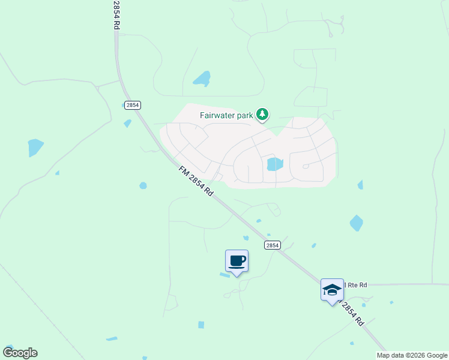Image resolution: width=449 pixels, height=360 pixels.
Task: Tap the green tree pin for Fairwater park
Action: click(262, 113)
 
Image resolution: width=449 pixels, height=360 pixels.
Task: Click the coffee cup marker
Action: click(237, 262)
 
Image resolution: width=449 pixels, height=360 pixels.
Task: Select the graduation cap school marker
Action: click(332, 290)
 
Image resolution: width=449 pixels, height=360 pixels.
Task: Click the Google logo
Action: click(20, 353)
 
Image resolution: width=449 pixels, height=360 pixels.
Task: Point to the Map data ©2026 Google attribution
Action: click(412, 355)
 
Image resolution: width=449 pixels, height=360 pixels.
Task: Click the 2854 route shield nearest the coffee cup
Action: click(273, 245)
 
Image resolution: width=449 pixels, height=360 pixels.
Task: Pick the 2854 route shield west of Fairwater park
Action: click(133, 104)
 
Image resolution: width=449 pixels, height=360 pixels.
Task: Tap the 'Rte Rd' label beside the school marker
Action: click(355, 285)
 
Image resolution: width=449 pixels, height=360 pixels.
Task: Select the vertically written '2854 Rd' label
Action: click(116, 15)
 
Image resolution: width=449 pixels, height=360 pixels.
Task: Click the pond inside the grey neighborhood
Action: click(274, 164)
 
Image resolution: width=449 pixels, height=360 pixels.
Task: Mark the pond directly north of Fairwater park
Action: click(202, 79)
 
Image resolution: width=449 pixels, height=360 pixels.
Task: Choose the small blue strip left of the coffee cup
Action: click(224, 275)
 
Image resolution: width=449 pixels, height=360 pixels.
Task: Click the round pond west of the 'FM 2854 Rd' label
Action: click(143, 185)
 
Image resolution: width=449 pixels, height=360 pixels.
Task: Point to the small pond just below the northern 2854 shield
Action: click(127, 123)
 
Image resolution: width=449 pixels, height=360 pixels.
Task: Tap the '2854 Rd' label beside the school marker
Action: click(353, 312)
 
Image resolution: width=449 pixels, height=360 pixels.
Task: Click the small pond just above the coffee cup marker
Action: click(246, 238)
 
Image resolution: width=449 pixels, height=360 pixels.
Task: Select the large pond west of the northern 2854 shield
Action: click(35, 147)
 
